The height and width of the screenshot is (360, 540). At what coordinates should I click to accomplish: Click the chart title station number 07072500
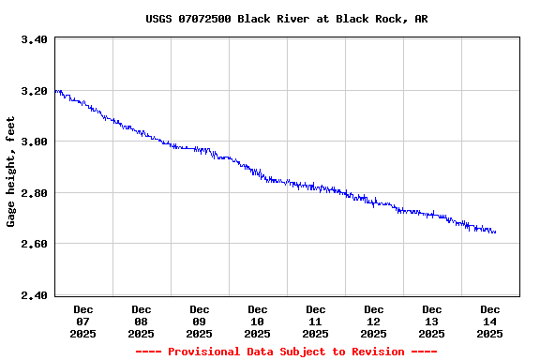[207, 19]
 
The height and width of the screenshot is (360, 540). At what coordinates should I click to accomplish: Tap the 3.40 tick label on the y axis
[34, 40]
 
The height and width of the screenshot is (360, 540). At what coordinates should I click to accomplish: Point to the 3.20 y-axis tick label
[34, 92]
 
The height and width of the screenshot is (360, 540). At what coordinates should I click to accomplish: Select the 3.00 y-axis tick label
[34, 142]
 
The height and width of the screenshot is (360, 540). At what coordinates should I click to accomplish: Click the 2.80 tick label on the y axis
[34, 193]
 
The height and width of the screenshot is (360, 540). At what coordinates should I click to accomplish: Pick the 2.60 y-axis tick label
[34, 244]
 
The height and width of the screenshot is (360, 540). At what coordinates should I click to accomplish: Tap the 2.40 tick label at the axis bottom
[34, 295]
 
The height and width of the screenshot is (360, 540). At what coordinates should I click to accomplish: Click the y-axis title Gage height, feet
[11, 172]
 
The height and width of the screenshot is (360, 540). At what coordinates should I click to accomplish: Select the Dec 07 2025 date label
[83, 321]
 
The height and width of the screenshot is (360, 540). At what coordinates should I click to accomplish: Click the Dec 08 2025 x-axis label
[142, 321]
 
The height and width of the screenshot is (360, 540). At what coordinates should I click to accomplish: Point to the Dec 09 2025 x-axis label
[200, 321]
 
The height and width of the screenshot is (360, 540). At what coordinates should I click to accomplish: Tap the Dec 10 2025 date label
[258, 321]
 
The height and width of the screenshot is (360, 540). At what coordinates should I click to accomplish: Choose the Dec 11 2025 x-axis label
[316, 321]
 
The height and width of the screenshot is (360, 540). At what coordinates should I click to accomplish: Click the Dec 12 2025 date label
[374, 321]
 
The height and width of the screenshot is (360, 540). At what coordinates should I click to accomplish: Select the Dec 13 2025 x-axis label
[432, 321]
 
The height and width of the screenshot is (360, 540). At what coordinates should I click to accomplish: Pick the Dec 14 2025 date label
[490, 321]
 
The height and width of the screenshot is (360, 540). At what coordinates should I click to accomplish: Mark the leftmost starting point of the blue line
[55, 91]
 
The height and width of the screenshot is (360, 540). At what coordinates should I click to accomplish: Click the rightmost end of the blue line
[496, 232]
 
